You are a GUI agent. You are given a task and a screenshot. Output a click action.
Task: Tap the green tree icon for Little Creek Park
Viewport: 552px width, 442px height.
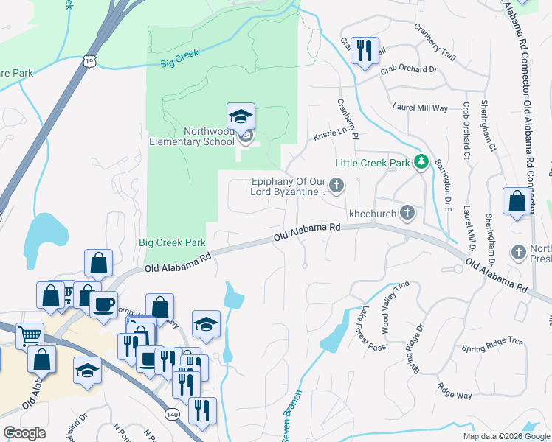421,161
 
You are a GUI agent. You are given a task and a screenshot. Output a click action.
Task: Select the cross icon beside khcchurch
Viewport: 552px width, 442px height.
406,213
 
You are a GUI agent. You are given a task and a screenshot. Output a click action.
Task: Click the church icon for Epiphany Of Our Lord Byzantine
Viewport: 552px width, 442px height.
337,186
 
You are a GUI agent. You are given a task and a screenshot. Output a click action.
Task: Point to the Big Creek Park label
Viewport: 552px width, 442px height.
169,242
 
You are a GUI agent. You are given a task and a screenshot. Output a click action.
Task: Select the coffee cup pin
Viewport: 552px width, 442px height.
103,303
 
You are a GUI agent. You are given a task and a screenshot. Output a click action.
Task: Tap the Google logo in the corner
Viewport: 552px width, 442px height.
24,433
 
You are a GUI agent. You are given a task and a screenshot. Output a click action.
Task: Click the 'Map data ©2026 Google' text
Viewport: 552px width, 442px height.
506,436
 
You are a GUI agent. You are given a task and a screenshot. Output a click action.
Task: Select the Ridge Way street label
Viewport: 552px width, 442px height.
454,390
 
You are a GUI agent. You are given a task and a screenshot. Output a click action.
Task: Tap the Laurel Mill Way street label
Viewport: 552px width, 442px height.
420,108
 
